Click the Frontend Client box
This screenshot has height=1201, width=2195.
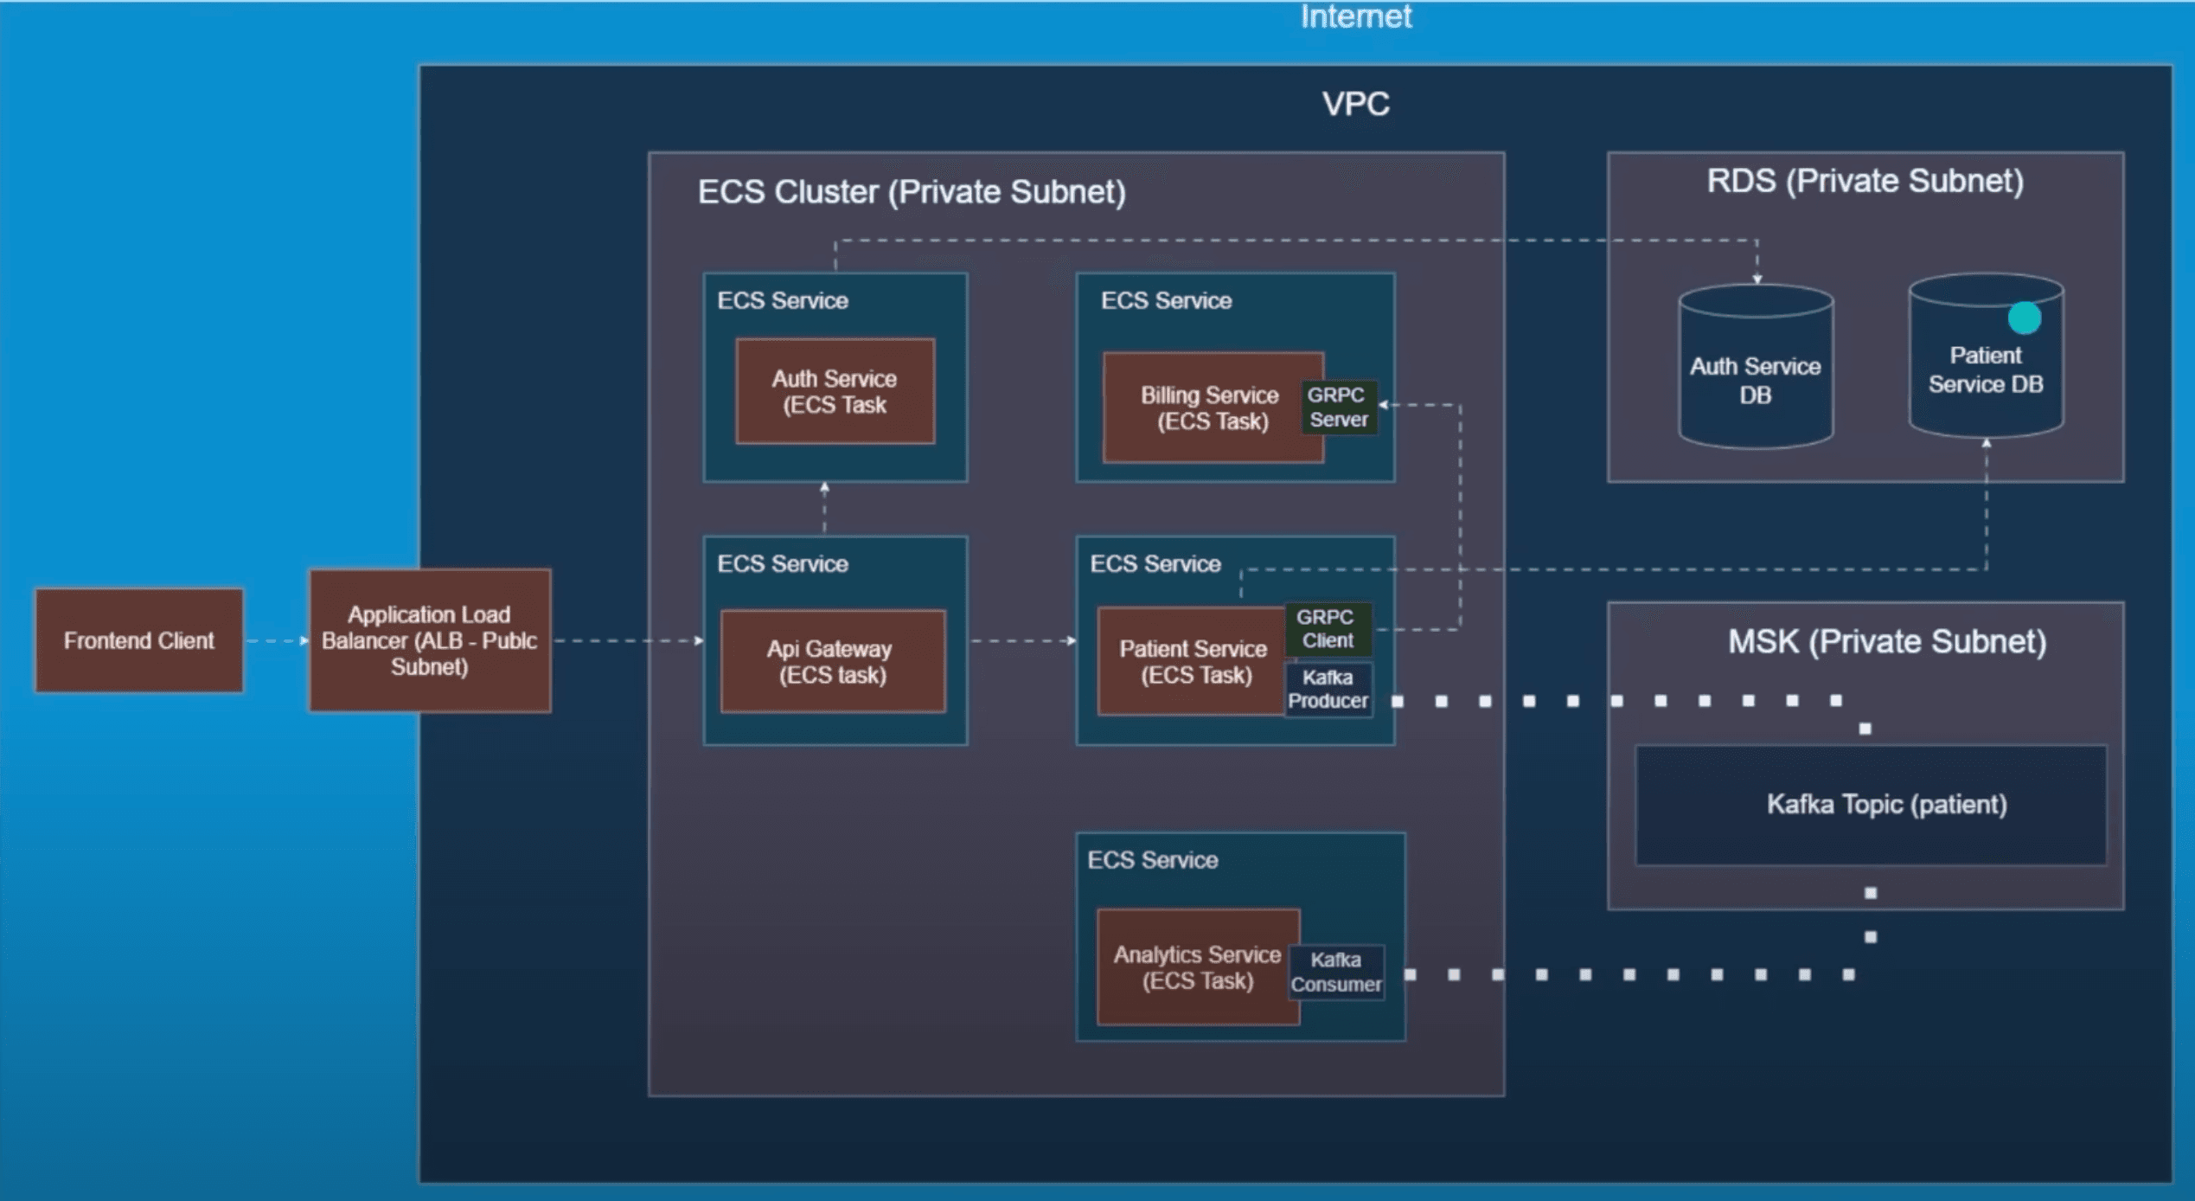[x=138, y=640]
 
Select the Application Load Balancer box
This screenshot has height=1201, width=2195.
[x=430, y=640]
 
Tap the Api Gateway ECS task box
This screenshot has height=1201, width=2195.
[x=833, y=662]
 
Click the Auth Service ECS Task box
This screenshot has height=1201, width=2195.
[x=835, y=391]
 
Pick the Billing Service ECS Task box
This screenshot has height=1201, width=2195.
[x=1208, y=408]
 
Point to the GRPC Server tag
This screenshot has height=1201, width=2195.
[x=1338, y=408]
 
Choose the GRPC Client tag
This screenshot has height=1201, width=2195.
[x=1328, y=629]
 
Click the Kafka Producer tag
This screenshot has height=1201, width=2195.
[x=1328, y=690]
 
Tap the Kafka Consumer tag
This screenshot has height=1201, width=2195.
[x=1336, y=973]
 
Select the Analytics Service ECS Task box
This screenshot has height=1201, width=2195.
[x=1198, y=967]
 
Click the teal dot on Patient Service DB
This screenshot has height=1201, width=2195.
[x=2025, y=318]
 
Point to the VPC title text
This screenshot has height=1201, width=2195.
[x=1355, y=105]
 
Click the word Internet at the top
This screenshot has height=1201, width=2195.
[x=1355, y=16]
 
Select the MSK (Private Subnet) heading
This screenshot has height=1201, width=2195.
[x=1887, y=642]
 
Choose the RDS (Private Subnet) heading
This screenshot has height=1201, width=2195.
[x=1865, y=182]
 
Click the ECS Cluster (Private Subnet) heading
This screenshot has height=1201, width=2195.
[x=912, y=192]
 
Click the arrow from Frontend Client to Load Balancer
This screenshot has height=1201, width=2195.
[x=276, y=641]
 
